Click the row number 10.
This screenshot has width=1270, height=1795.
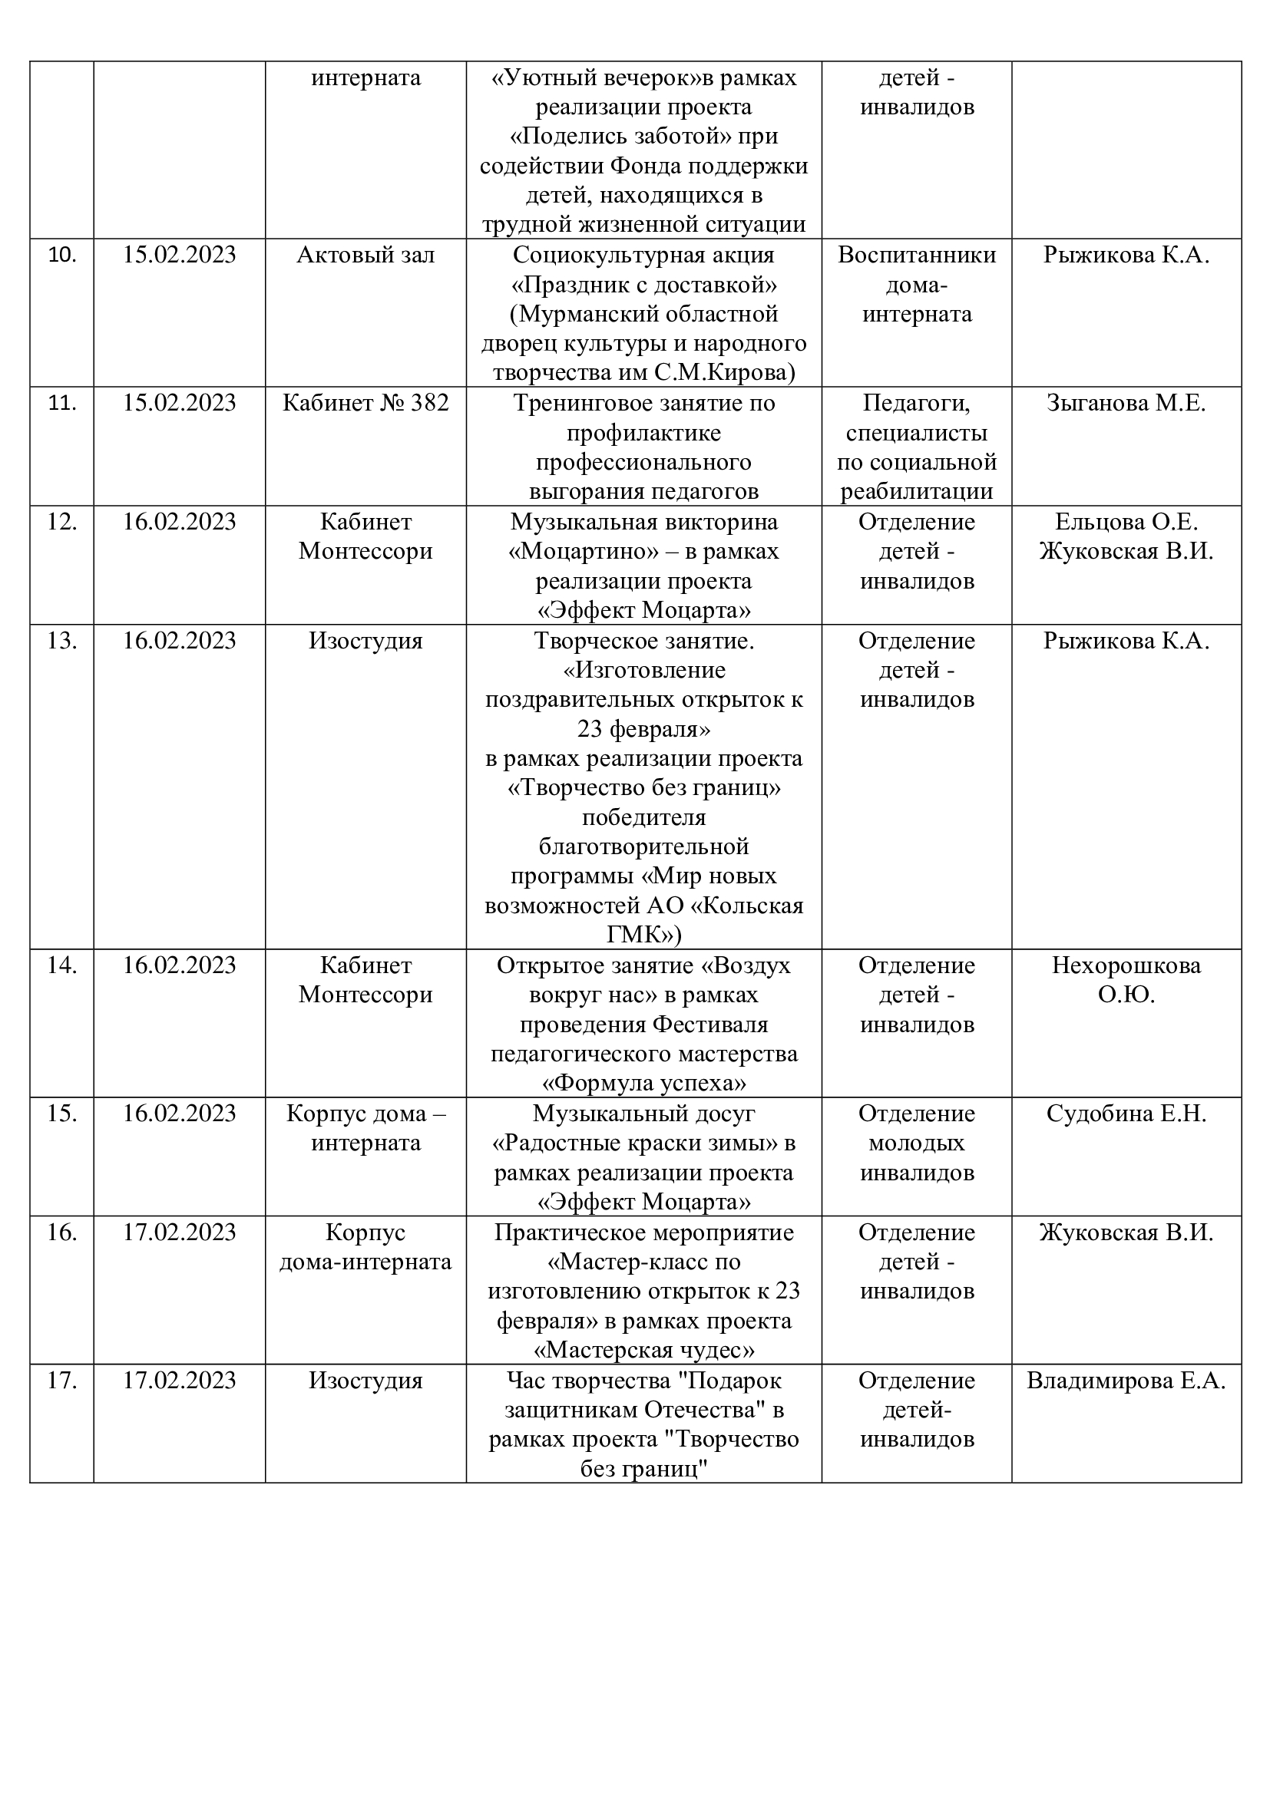click(x=61, y=255)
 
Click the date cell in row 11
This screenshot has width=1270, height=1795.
click(x=179, y=403)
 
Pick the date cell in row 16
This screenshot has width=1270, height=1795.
click(x=179, y=1232)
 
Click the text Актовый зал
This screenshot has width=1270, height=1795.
click(x=365, y=255)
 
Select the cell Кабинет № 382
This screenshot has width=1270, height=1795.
click(x=365, y=403)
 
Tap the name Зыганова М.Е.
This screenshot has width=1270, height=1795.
click(x=1126, y=403)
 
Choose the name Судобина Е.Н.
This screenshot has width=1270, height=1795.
click(x=1126, y=1114)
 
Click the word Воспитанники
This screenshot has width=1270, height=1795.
click(x=917, y=255)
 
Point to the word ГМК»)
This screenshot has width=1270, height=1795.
click(x=643, y=935)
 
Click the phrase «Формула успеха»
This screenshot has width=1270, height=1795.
click(x=643, y=1084)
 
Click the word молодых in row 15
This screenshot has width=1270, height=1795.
click(x=917, y=1143)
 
